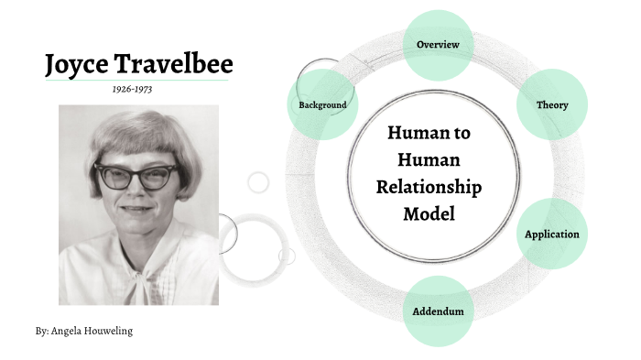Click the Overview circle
pos(438,44)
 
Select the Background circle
pos(322,104)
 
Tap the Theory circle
pos(552,104)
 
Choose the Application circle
pos(551,234)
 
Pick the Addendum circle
pos(438,311)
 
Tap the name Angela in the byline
pos(69,331)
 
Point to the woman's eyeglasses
pos(135,175)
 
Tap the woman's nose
pos(135,190)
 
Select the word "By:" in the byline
pos(42,331)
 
